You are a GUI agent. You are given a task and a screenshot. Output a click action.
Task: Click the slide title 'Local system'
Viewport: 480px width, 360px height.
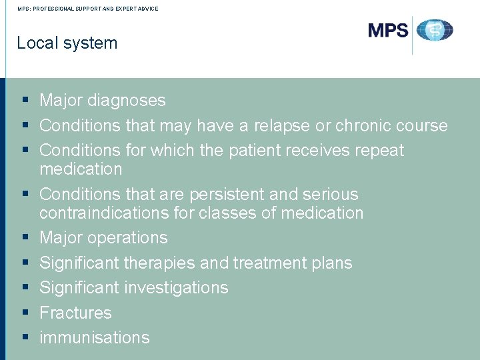(x=67, y=43)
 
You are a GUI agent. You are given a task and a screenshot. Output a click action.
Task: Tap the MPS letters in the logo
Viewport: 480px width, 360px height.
(x=388, y=30)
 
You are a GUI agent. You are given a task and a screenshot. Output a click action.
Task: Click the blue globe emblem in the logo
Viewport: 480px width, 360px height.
(x=435, y=30)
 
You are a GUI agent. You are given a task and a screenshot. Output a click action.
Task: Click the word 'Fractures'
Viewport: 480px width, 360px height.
(x=75, y=313)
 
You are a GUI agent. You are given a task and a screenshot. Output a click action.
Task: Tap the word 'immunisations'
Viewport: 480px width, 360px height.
(x=95, y=337)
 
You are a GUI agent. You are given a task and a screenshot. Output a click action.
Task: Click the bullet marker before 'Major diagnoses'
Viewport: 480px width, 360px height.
(x=25, y=101)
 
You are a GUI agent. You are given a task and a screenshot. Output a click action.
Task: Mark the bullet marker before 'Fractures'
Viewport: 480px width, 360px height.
(x=25, y=313)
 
